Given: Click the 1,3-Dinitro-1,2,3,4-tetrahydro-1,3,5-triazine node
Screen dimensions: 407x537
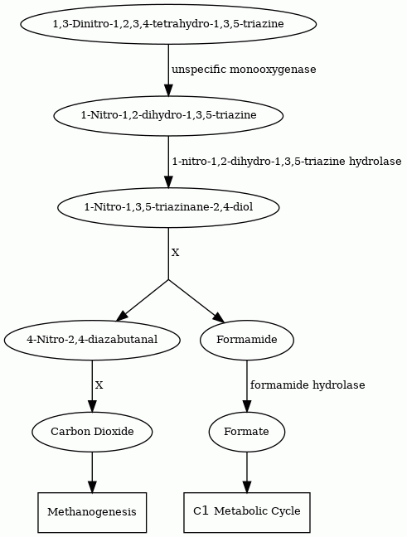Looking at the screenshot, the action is (x=168, y=24).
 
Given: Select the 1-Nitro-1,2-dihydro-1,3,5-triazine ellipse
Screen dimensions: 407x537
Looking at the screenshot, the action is (x=168, y=115).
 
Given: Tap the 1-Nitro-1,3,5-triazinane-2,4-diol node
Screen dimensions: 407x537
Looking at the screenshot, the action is (x=168, y=207).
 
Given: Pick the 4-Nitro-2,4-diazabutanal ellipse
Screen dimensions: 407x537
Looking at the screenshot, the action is (x=92, y=340).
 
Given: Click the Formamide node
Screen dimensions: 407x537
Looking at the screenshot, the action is (x=247, y=340).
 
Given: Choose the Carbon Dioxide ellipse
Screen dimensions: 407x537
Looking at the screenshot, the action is (x=92, y=432).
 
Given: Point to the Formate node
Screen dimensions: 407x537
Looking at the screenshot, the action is (x=247, y=432).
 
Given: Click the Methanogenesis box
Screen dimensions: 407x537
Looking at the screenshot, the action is (x=92, y=512).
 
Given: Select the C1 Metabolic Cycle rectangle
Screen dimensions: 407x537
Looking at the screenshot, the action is (x=247, y=512).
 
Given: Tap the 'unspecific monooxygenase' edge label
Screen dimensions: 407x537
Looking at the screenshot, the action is (x=244, y=70).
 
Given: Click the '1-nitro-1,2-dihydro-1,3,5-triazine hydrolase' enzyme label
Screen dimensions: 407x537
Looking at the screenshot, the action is (x=287, y=161).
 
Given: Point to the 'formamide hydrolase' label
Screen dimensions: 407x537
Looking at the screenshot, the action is (x=308, y=385).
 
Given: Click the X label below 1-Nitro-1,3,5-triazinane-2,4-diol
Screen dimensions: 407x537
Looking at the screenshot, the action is (x=175, y=253).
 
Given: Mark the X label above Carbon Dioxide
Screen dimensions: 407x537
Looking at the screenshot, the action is (x=99, y=385).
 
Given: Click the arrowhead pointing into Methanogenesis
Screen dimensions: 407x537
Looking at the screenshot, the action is (x=92, y=486).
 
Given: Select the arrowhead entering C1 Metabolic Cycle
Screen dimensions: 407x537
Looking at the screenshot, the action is (x=247, y=486).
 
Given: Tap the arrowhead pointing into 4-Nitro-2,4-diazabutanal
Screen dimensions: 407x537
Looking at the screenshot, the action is (x=122, y=316).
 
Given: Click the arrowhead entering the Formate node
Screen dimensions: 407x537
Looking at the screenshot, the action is (x=247, y=406).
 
